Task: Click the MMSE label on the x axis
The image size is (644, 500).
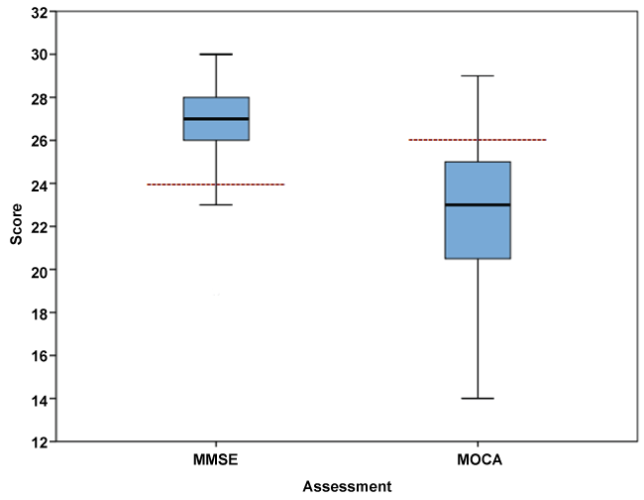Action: tap(216, 461)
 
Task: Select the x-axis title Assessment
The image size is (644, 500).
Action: tap(347, 486)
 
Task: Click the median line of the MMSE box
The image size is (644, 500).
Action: tap(216, 119)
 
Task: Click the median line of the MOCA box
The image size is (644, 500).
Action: tap(478, 204)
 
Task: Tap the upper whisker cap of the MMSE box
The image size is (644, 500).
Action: tap(216, 55)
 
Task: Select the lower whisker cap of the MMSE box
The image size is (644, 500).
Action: tap(216, 204)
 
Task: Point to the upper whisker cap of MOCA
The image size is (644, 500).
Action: tap(478, 75)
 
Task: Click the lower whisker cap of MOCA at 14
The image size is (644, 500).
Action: tap(478, 398)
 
